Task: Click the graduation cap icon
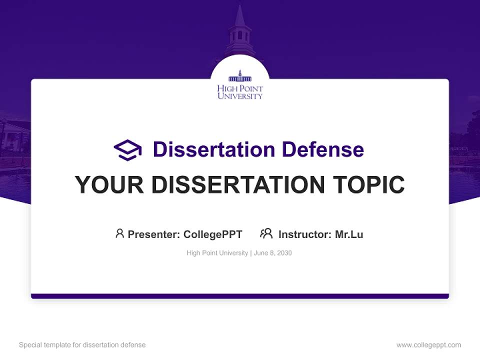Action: (x=127, y=150)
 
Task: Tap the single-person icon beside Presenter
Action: (x=119, y=233)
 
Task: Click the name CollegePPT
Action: (x=212, y=234)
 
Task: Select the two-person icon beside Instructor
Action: (x=266, y=233)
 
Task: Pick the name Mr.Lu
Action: (x=349, y=234)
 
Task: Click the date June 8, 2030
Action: (x=273, y=253)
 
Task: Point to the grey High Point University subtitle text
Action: (x=217, y=253)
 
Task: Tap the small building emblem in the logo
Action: (x=240, y=77)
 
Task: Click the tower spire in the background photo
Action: (x=240, y=17)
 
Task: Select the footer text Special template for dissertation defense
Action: (x=82, y=345)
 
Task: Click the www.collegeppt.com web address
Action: (x=428, y=345)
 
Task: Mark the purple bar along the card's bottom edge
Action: (x=240, y=296)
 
